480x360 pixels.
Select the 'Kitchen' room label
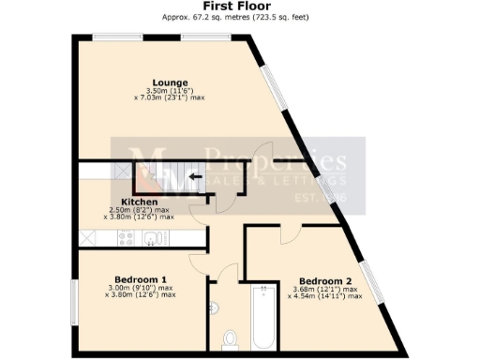click(139, 201)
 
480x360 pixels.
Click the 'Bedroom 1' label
click(141, 279)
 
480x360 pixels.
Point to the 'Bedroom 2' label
click(324, 281)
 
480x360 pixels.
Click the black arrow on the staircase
click(195, 175)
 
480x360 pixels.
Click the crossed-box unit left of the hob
click(87, 238)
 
